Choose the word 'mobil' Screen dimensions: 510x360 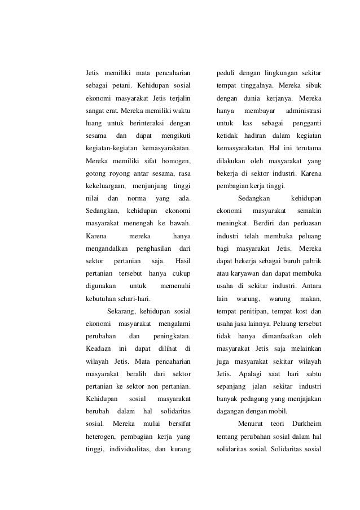[x=274, y=411]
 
